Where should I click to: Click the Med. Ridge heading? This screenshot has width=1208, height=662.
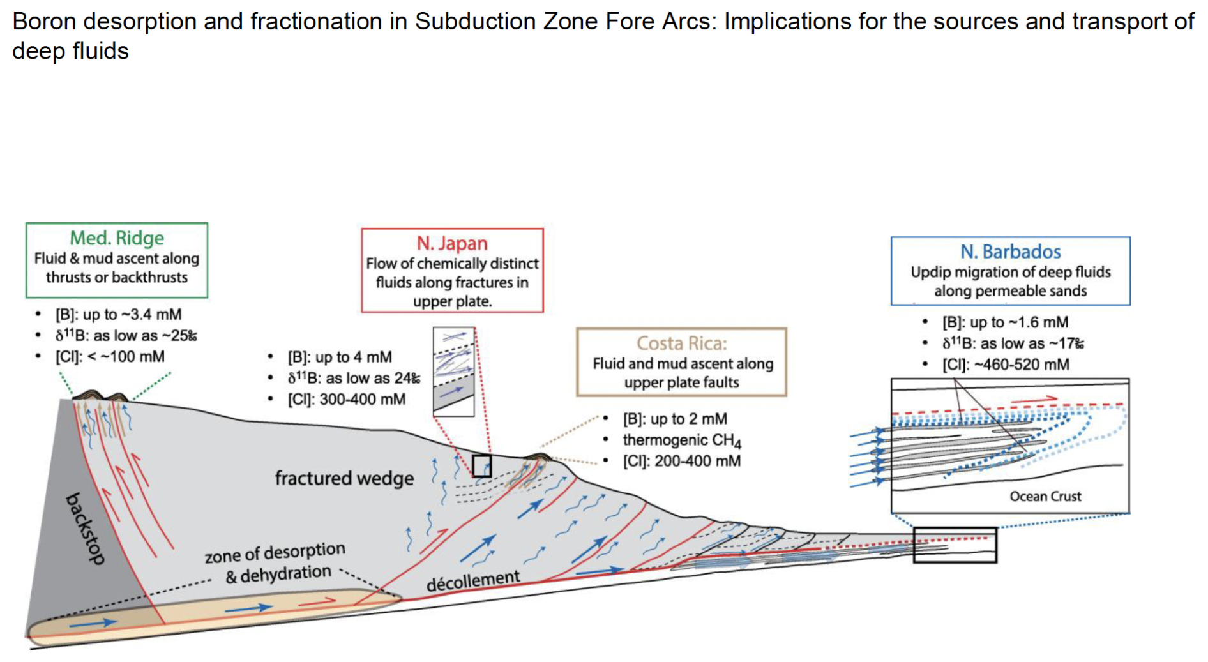pyautogui.click(x=117, y=238)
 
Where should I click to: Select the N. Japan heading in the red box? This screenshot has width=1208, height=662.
pyautogui.click(x=452, y=243)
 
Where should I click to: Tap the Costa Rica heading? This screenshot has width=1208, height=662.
pyautogui.click(x=681, y=343)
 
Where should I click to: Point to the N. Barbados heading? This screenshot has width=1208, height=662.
pyautogui.click(x=1011, y=252)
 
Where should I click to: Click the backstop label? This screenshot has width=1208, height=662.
pyautogui.click(x=86, y=528)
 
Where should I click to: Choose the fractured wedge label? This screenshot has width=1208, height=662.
pyautogui.click(x=344, y=478)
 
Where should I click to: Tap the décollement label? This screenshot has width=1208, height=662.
pyautogui.click(x=473, y=580)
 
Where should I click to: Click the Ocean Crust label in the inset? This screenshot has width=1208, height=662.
pyautogui.click(x=1045, y=496)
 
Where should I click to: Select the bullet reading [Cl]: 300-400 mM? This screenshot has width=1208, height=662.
pyautogui.click(x=346, y=400)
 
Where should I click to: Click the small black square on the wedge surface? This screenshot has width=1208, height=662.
pyautogui.click(x=481, y=466)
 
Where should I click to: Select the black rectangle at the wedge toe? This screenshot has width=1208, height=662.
pyautogui.click(x=955, y=545)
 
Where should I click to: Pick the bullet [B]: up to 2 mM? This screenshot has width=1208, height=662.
pyautogui.click(x=675, y=419)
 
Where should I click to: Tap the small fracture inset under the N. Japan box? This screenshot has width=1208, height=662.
pyautogui.click(x=453, y=372)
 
